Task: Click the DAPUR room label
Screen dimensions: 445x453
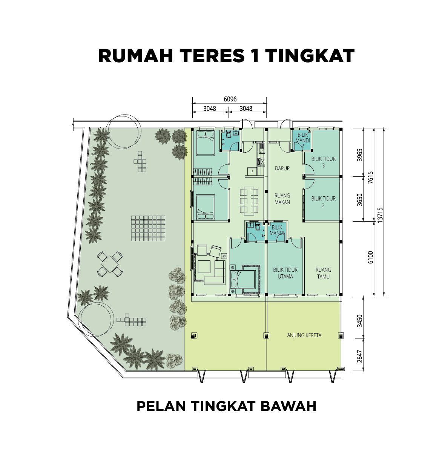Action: [x=282, y=168]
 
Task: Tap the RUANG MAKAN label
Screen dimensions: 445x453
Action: [x=282, y=199]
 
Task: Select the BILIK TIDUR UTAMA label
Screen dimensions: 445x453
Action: [x=285, y=273]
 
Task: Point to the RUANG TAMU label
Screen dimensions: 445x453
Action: [x=323, y=273]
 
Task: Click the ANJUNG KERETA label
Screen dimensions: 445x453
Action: [x=304, y=335]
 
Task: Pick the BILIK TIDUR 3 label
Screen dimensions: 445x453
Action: [x=323, y=162]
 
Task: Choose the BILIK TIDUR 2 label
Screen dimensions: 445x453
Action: [x=323, y=202]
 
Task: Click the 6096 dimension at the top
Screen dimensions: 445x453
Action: [x=230, y=99]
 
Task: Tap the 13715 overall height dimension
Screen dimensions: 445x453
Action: [x=380, y=215]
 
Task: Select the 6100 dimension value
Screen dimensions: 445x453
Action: [x=370, y=257]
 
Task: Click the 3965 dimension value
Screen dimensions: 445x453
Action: [x=359, y=155]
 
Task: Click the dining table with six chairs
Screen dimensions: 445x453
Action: [x=249, y=201]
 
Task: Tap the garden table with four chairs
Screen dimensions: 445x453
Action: [x=110, y=264]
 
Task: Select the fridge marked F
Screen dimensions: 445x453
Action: [x=252, y=171]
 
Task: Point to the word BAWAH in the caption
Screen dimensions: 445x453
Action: [x=288, y=406]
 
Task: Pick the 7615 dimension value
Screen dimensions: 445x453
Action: [x=370, y=178]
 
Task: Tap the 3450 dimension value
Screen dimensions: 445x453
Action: [x=359, y=321]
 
